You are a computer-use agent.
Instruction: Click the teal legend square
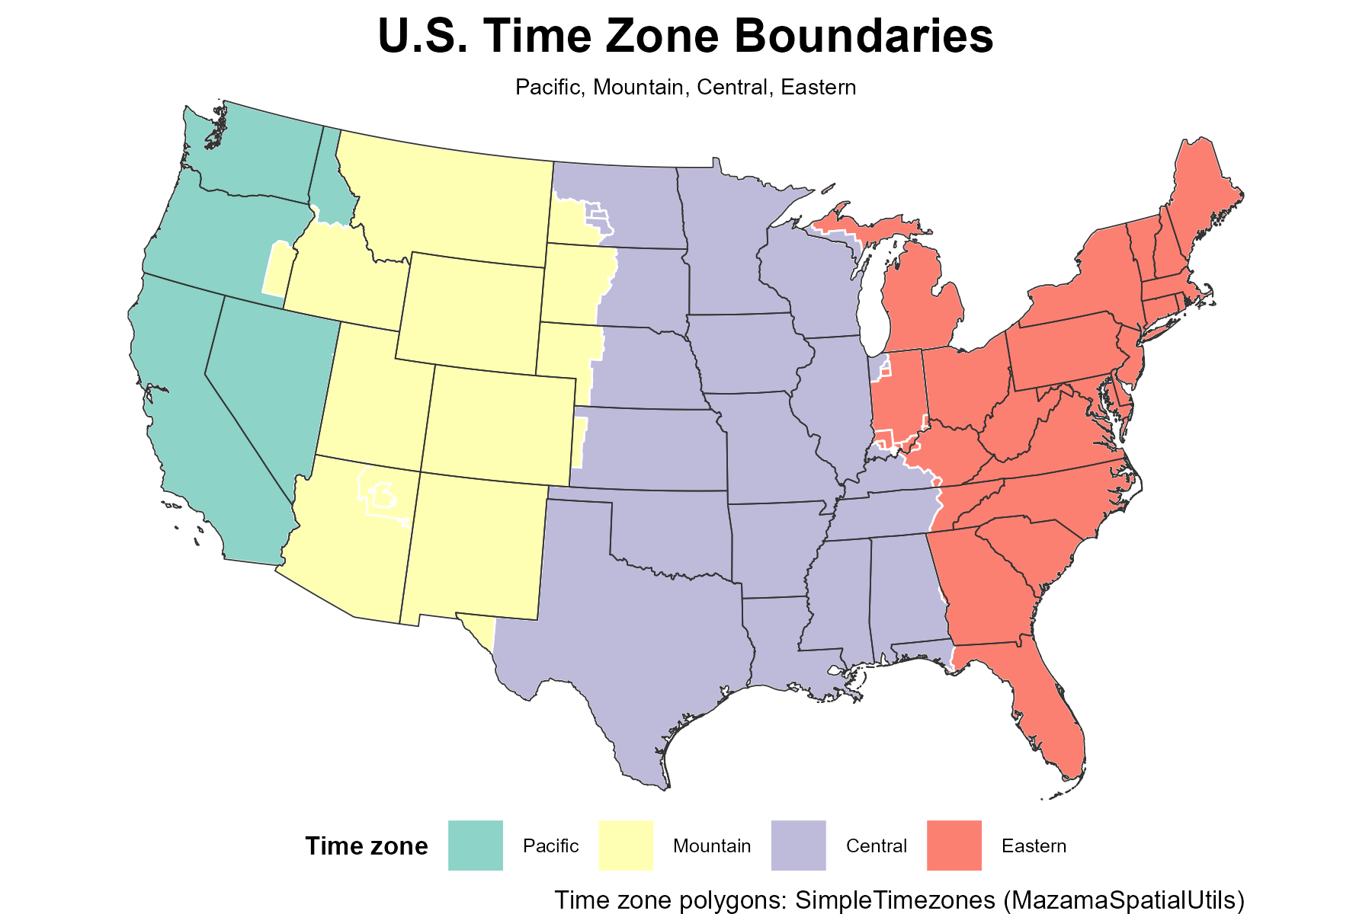(x=475, y=845)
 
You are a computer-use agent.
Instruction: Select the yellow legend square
(x=625, y=845)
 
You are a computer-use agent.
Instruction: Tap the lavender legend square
(x=798, y=845)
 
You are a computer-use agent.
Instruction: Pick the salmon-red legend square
(x=954, y=845)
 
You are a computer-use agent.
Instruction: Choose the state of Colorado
(x=499, y=427)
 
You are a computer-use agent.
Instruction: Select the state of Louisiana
(x=777, y=632)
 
